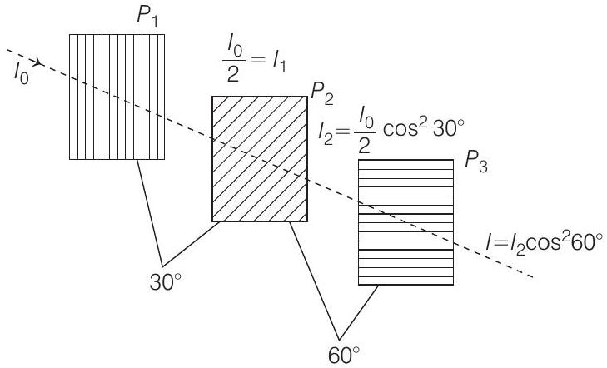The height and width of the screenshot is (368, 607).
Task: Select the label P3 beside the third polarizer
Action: tap(477, 161)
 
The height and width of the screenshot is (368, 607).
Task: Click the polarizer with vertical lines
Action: tap(116, 96)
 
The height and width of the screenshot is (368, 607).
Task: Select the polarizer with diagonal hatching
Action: tap(259, 158)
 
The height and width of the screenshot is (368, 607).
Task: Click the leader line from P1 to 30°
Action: tap(151, 208)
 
